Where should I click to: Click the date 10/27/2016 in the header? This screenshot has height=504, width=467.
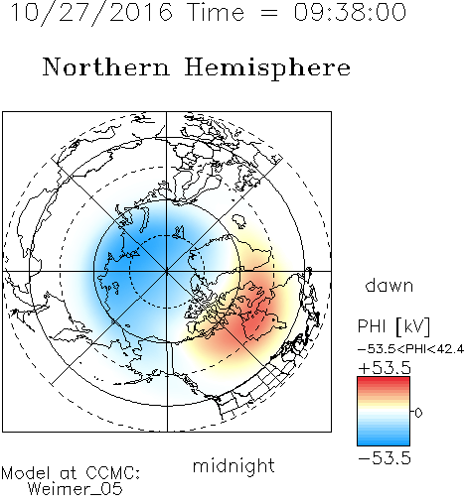[x=91, y=13]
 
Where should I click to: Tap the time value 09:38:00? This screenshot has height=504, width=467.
[x=350, y=12]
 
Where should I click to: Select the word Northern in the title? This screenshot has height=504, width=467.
[x=106, y=66]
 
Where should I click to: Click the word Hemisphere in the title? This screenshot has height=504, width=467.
[x=267, y=68]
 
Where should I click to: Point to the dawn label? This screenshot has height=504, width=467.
[x=389, y=286]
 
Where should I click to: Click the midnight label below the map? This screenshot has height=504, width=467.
[x=233, y=466]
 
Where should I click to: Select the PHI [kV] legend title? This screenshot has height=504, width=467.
[x=393, y=326]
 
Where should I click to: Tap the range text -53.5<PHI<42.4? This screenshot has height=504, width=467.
[x=410, y=349]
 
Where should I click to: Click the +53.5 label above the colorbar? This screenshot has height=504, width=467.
[x=385, y=368]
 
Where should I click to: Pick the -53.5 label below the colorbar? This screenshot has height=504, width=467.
[x=385, y=458]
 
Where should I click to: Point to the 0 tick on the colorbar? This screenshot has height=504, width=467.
[x=418, y=413]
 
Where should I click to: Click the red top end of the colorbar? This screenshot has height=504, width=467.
[x=384, y=379]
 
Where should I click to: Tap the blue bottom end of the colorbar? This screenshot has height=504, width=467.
[x=384, y=442]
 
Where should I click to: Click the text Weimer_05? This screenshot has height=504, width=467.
[x=76, y=488]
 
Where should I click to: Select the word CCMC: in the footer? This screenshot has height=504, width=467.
[x=112, y=473]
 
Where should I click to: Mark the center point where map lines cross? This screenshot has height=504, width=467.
[x=167, y=271]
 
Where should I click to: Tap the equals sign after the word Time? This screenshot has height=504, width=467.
[x=269, y=13]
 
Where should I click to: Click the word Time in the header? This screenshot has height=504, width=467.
[x=216, y=12]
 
